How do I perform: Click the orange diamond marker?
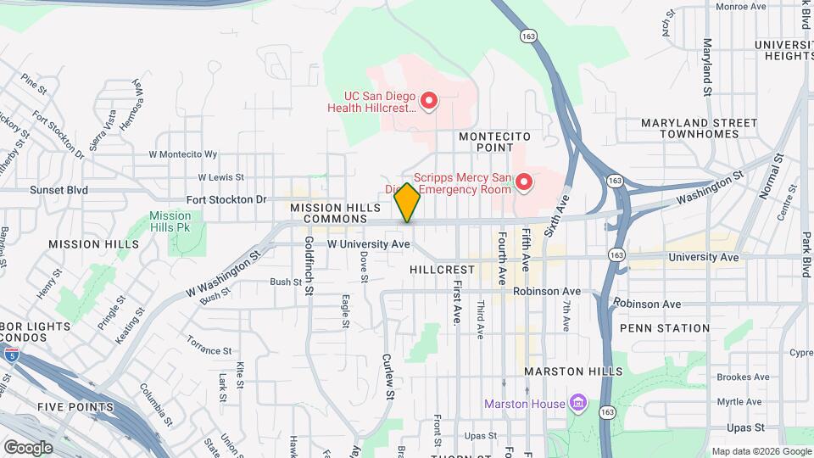[x=408, y=203]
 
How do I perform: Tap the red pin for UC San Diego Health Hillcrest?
[x=429, y=102]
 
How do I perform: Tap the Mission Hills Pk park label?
[x=170, y=221]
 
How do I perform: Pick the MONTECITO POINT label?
[x=494, y=142]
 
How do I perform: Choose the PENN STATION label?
[x=665, y=328]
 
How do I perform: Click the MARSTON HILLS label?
[x=573, y=371]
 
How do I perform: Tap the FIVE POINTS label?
[x=75, y=407]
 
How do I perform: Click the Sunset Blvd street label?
[x=59, y=190]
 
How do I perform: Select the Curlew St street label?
[x=389, y=376]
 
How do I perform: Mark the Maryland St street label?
[x=706, y=65]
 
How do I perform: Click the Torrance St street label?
[x=209, y=350]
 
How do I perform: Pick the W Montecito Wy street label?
[x=183, y=154]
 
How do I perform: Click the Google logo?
[x=28, y=447]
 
